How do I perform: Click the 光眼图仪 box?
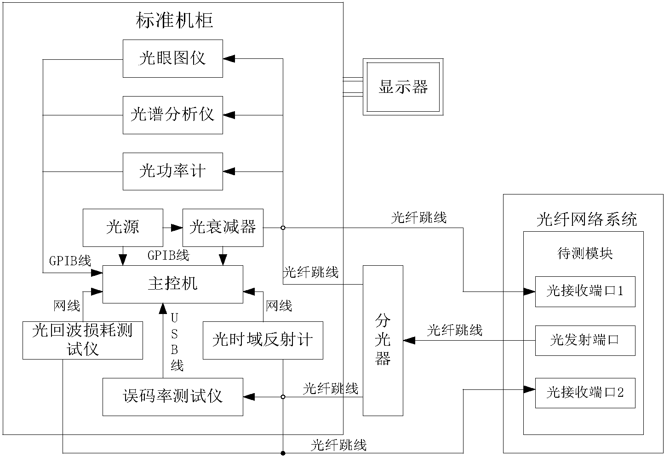(172, 58)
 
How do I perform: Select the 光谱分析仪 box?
(172, 115)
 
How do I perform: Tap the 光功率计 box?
(172, 171)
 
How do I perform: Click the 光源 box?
(123, 227)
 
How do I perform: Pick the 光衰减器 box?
(223, 227)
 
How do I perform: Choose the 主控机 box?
(172, 284)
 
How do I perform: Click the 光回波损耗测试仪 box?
(83, 340)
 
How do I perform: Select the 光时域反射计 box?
(263, 340)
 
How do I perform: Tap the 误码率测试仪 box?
(172, 396)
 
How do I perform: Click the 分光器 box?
(383, 340)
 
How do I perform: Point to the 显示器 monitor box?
(403, 87)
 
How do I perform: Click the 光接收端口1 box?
(585, 291)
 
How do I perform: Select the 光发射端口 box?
(585, 341)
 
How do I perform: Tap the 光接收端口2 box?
(585, 393)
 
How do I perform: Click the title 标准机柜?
(175, 21)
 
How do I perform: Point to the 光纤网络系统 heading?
(587, 219)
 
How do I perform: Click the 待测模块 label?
(585, 253)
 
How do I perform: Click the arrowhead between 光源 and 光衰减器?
(177, 227)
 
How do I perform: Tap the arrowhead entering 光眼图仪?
(229, 58)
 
